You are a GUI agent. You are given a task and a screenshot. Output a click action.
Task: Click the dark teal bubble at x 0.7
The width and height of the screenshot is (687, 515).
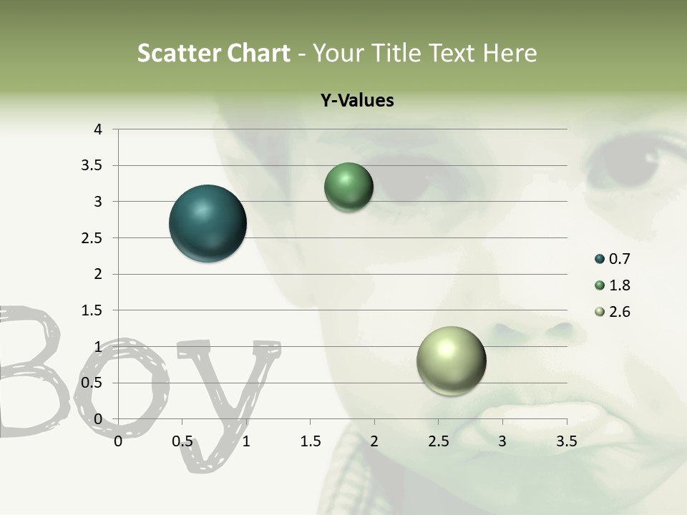coord(208,223)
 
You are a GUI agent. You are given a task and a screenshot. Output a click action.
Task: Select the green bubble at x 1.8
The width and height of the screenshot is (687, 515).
coord(349,187)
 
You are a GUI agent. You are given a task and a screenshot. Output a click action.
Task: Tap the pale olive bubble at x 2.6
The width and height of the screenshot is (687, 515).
coord(451,360)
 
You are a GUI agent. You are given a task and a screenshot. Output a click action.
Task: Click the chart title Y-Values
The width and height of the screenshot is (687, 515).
coord(356,101)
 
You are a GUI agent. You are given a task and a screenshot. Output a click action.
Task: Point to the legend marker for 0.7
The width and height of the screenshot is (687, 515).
coord(600,259)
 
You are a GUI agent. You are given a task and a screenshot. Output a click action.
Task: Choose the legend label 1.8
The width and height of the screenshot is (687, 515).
coord(619,285)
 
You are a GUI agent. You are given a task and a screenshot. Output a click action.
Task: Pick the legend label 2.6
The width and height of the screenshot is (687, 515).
coord(619,312)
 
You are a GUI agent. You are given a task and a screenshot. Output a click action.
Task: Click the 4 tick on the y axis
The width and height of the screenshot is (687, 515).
coord(98,129)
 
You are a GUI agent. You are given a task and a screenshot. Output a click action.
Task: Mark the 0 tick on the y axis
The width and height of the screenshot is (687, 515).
coord(98,419)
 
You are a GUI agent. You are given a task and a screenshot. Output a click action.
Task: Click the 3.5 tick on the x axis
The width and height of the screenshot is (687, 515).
coord(566,441)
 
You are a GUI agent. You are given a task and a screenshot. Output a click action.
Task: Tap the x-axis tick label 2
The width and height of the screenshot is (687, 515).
coord(374,441)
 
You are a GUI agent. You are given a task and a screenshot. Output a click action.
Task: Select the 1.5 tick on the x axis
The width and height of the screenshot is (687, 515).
coord(310,441)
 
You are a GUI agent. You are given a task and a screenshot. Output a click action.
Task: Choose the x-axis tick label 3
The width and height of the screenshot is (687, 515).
coord(502,441)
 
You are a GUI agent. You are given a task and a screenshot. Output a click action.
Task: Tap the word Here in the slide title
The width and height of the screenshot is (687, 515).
coord(509,53)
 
